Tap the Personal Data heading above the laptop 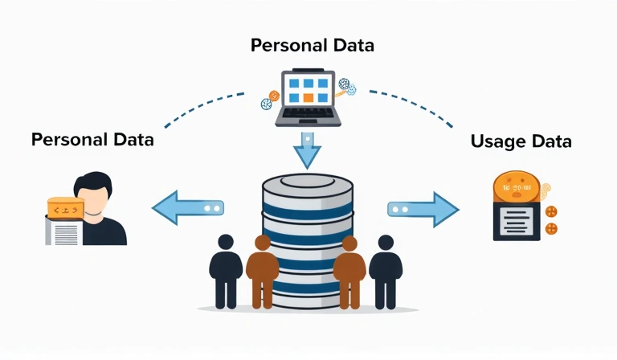pyautogui.click(x=313, y=45)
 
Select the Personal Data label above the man pyautogui.click(x=92, y=139)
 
